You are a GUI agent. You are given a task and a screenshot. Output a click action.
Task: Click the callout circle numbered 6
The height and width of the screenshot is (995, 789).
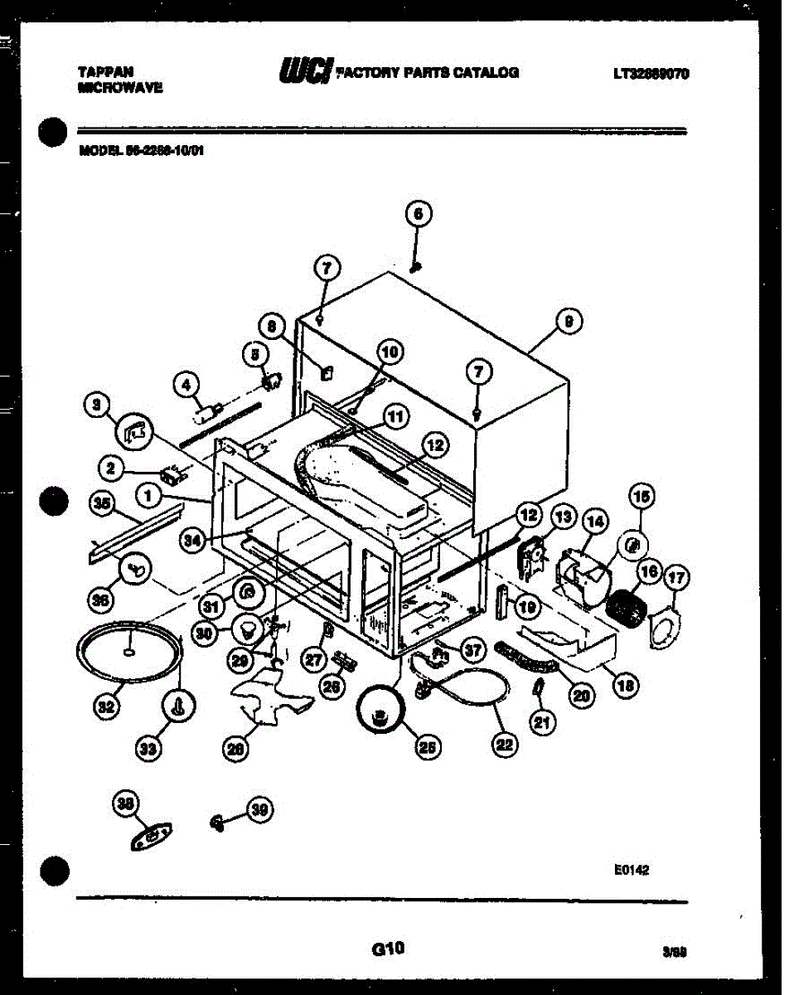tap(418, 214)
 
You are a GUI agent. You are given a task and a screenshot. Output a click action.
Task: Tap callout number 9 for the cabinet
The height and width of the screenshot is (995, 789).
tap(569, 323)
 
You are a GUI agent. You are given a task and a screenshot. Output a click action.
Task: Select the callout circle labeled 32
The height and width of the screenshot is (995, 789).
tap(104, 707)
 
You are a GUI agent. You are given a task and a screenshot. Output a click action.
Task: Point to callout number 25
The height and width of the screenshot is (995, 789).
tap(426, 747)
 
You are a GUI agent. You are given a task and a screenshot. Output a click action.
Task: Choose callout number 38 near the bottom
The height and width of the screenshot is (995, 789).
tap(127, 803)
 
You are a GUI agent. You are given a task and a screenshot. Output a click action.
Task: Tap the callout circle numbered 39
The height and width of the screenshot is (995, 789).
tap(260, 811)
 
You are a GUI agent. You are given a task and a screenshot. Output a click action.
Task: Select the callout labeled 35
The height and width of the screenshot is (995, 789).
tap(101, 502)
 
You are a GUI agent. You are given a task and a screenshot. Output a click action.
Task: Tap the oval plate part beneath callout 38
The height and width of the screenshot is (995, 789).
tap(148, 837)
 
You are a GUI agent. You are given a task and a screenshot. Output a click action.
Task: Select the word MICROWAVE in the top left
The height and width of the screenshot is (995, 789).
tap(119, 87)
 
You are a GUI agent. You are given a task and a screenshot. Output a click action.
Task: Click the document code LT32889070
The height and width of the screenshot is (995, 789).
tap(651, 74)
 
